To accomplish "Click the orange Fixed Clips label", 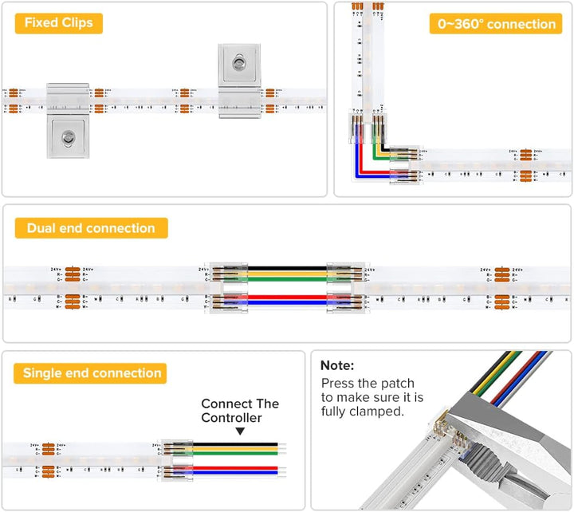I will click(x=58, y=22).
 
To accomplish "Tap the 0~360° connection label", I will click(x=496, y=24).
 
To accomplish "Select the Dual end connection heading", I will click(x=91, y=228).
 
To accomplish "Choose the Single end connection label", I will click(x=92, y=373).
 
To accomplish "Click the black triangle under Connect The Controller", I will click(x=239, y=431).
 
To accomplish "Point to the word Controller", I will click(x=231, y=418).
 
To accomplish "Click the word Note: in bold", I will click(x=338, y=364).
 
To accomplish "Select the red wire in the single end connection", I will click(x=239, y=468).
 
